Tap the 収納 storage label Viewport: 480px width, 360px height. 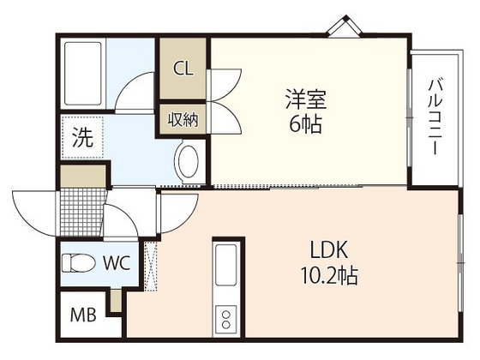(x=183, y=119)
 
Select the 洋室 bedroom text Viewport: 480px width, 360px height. (x=305, y=99)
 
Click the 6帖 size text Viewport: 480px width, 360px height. (x=305, y=125)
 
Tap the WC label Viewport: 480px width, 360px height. (x=117, y=263)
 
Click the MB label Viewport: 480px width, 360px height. (x=83, y=314)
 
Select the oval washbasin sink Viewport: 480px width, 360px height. (x=188, y=160)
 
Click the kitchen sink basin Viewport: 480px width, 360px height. (x=227, y=262)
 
